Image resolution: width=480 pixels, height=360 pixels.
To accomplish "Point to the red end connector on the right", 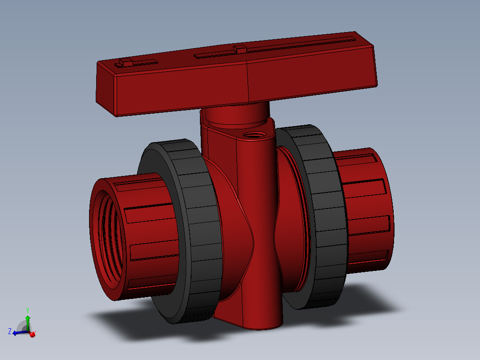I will [365, 209].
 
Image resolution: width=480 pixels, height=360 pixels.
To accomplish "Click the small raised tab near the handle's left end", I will [126, 62].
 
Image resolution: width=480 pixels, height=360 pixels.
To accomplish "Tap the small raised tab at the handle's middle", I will [240, 49].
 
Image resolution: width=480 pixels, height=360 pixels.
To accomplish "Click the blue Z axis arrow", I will [19, 332].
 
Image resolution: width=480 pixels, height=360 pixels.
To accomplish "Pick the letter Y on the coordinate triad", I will [28, 310].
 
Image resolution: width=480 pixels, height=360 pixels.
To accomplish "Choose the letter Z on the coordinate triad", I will [10, 331].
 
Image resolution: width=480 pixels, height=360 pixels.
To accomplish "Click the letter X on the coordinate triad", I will [34, 333].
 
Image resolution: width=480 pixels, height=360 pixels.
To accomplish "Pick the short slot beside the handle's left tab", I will [145, 62].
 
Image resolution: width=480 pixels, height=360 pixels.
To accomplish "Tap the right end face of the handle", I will [373, 62].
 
